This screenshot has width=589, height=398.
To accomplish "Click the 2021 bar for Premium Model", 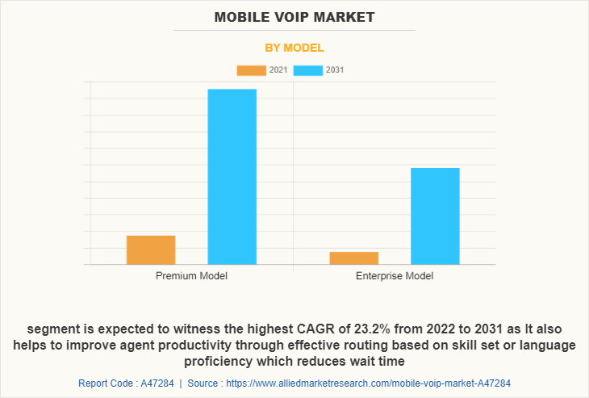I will pos(151,249).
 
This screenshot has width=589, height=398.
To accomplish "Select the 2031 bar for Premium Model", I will pos(232,176).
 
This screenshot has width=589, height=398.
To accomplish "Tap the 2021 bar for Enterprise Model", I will pos(354,258).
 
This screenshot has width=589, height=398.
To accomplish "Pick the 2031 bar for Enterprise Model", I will pos(435,216).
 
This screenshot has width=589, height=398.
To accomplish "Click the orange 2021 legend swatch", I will pos(251,70).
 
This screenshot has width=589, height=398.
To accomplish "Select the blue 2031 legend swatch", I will pos(308,70).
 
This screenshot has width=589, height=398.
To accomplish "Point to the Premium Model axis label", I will pos(191,276).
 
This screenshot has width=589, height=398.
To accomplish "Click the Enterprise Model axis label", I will pos(395,276).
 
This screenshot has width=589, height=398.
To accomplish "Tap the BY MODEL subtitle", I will pos(294,48).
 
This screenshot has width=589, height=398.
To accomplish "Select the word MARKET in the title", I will pos(345,16).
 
